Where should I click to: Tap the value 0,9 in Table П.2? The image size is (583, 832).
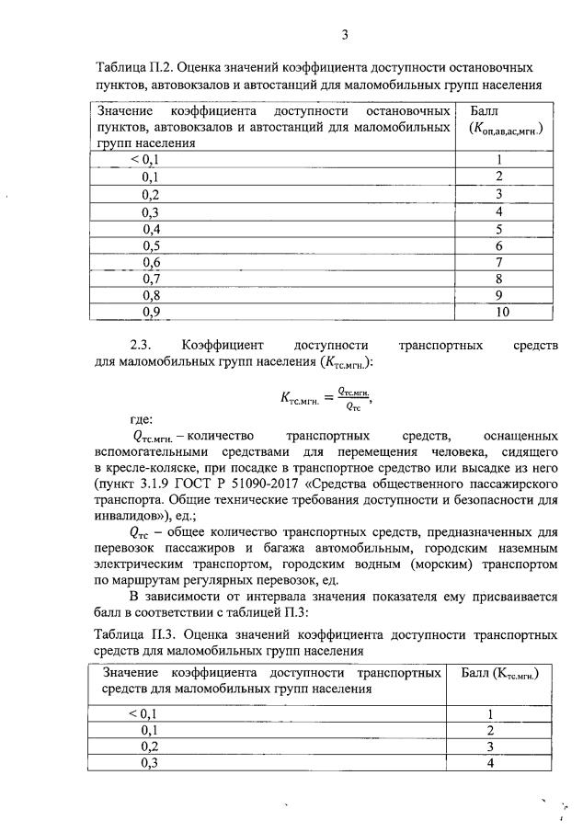tap(151, 313)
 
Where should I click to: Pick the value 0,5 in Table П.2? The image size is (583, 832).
tap(151, 246)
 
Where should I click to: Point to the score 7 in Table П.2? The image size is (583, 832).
tap(499, 263)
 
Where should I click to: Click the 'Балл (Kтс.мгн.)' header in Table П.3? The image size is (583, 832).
tap(497, 675)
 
